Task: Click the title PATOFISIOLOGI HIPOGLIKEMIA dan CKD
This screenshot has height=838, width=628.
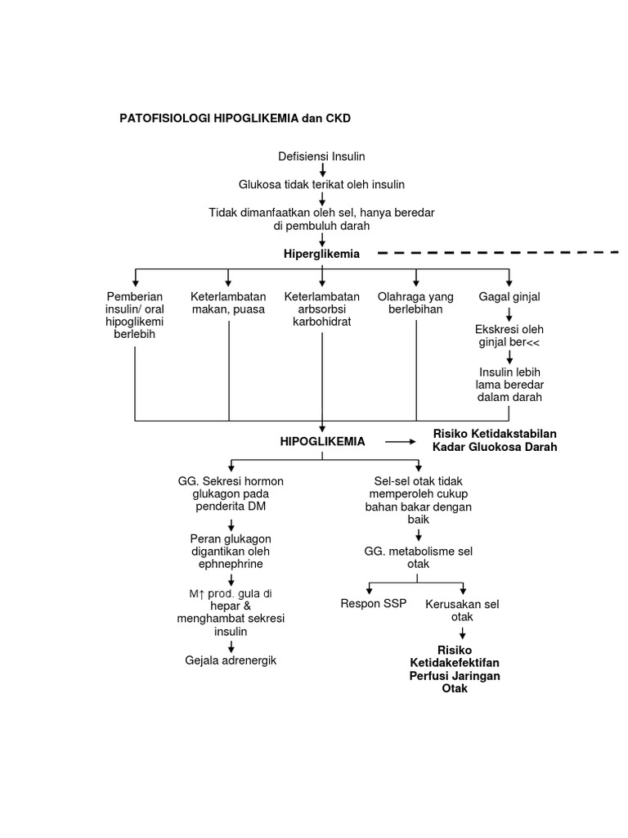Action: (x=235, y=118)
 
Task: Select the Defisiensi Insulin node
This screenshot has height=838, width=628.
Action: (x=321, y=155)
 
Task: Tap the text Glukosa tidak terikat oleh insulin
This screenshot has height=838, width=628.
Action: (x=321, y=185)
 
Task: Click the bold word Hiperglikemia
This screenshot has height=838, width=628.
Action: (x=321, y=254)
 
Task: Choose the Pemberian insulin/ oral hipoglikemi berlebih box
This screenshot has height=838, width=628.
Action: (x=135, y=315)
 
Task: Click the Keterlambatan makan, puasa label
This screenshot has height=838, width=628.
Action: (x=228, y=303)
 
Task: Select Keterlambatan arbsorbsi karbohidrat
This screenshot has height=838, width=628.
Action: (x=321, y=309)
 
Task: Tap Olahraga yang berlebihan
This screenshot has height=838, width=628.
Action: (x=415, y=303)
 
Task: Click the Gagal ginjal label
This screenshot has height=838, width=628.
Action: (x=509, y=296)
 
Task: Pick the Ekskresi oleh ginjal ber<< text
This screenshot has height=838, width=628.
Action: (x=509, y=335)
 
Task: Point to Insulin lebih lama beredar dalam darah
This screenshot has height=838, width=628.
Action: (x=509, y=385)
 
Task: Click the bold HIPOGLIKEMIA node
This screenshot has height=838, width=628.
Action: (x=322, y=441)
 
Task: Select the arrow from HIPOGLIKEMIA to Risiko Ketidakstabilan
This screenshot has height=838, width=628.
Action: (x=400, y=441)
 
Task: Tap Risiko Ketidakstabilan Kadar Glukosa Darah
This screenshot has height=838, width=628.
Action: (x=496, y=440)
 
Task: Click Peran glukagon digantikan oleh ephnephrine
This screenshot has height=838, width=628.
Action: (x=230, y=551)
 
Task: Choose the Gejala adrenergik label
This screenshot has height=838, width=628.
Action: (x=231, y=660)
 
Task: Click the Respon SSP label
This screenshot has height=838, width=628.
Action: (x=373, y=604)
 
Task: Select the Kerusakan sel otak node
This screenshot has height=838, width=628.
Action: (x=462, y=610)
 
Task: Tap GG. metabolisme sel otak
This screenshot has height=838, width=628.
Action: (x=419, y=558)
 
